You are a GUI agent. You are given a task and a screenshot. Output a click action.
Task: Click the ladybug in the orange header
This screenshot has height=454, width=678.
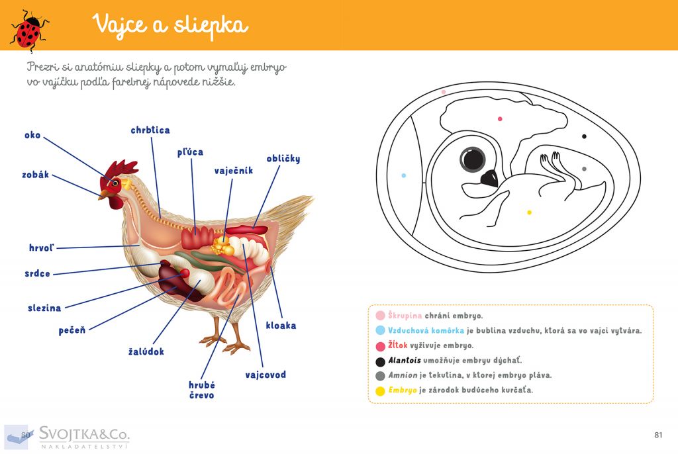coord(29,30)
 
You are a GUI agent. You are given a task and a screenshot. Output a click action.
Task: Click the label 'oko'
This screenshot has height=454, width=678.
coord(32,135)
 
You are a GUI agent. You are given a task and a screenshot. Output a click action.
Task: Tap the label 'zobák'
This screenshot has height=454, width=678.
coord(36,175)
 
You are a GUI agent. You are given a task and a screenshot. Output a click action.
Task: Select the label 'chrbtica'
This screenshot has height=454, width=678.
coord(150,130)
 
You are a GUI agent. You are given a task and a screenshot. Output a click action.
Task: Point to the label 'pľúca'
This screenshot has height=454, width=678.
coord(190,152)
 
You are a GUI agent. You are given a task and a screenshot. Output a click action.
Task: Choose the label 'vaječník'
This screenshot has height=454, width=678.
coord(234,171)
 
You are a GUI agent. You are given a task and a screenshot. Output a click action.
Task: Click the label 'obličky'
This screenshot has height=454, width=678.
coord(283,159)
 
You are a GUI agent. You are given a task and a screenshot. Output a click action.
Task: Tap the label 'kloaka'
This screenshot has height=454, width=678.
coord(281,326)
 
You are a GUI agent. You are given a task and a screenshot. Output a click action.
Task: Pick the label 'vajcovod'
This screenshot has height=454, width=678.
coord(266,375)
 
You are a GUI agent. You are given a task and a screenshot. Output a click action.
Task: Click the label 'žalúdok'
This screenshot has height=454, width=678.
coord(146,351)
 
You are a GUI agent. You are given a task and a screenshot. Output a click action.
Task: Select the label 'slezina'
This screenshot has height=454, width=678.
coord(44,308)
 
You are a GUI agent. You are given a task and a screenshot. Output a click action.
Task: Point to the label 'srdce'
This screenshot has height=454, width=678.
coord(37,274)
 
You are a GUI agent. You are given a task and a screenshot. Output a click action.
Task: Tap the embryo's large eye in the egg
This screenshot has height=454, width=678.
coord(472,159)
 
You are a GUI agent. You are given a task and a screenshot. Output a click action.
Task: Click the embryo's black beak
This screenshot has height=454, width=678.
coord(490,179)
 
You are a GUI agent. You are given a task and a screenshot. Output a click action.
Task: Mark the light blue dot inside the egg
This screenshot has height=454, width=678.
coord(403,175)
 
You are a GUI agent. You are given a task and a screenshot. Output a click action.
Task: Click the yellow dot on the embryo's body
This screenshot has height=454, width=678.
coord(529,212)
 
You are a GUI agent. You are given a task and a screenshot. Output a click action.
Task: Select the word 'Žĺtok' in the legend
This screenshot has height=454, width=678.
coord(397,345)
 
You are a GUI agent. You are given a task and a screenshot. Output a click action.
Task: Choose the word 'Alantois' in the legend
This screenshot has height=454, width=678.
coord(405,360)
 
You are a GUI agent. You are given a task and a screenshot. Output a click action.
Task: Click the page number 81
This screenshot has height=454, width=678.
coord(658,435)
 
